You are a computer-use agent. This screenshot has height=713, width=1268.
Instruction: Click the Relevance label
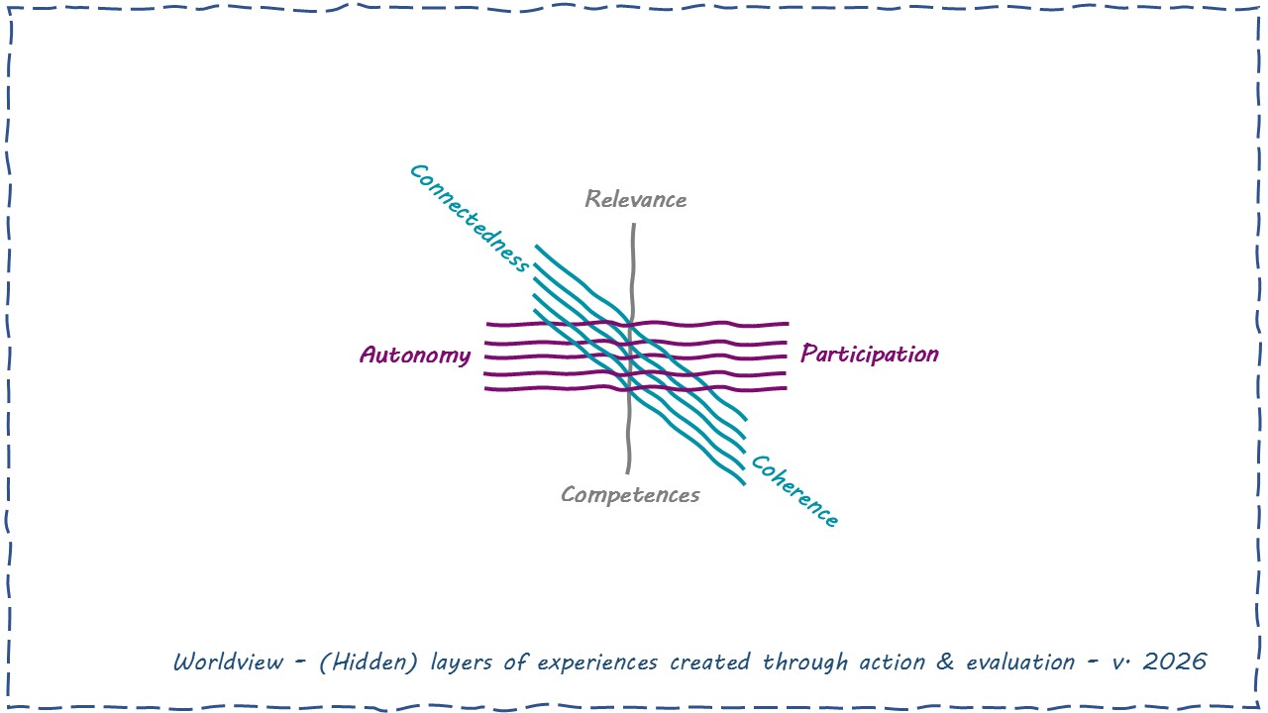tap(635, 199)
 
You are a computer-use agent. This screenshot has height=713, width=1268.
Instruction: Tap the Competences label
tap(630, 494)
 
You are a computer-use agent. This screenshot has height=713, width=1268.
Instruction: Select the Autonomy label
tap(415, 355)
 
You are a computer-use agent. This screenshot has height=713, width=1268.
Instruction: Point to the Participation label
tap(869, 354)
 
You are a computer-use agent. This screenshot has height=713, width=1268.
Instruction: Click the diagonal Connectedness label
tap(469, 218)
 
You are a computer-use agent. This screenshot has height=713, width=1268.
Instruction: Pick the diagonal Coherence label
tap(794, 491)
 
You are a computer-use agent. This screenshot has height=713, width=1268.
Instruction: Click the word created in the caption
tap(709, 662)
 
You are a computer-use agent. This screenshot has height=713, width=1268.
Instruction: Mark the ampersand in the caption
tap(946, 662)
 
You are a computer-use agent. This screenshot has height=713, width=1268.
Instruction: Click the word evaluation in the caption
tap(1021, 662)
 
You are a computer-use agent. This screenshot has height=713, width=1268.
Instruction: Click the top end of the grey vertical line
tap(633, 227)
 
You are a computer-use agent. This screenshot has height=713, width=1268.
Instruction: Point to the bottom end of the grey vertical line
tap(628, 471)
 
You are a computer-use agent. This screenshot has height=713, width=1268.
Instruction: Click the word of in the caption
tap(515, 662)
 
